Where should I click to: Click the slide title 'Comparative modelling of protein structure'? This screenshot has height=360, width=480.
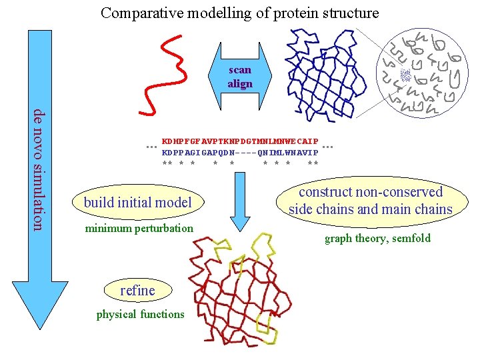[x=239, y=13]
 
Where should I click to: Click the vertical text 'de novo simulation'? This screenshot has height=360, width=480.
[x=41, y=170]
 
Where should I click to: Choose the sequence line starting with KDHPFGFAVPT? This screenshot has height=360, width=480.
[x=240, y=142]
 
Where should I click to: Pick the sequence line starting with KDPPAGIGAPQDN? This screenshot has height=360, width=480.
[x=240, y=153]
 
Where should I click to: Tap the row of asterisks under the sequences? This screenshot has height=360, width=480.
[x=240, y=163]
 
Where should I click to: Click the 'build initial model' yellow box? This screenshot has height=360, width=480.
[x=138, y=202]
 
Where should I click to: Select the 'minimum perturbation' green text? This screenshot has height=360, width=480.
[x=139, y=229]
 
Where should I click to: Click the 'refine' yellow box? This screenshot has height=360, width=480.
[x=137, y=290]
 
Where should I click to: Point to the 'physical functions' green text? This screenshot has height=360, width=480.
[x=140, y=314]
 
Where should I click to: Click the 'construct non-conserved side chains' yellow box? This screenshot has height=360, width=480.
[x=371, y=201]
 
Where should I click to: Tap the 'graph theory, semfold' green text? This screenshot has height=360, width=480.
[x=377, y=238]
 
